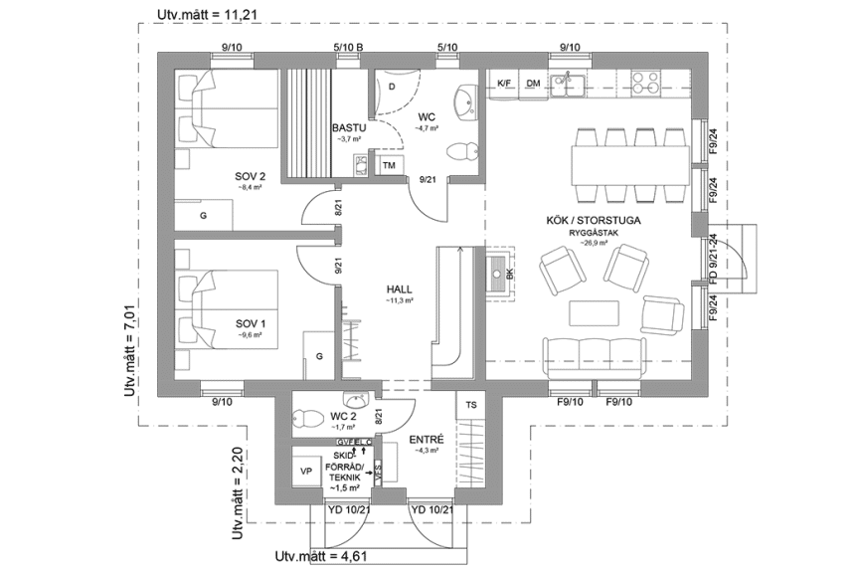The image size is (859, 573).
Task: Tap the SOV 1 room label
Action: pos(250,323)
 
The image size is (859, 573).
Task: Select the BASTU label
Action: pos(350,128)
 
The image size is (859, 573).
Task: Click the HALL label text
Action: pos(400,288)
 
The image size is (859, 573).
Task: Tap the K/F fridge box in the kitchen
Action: pos(504,84)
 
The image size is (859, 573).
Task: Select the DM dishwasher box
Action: pos(533,84)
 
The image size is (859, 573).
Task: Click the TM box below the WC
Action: pos(389,164)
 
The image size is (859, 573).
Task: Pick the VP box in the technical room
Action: pos(306,471)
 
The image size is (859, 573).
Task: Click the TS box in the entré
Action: pos(470,405)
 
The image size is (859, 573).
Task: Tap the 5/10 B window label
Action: pos(347,47)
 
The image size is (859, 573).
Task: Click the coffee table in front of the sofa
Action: pos(591,313)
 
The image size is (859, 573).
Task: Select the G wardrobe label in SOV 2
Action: pos(202,214)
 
